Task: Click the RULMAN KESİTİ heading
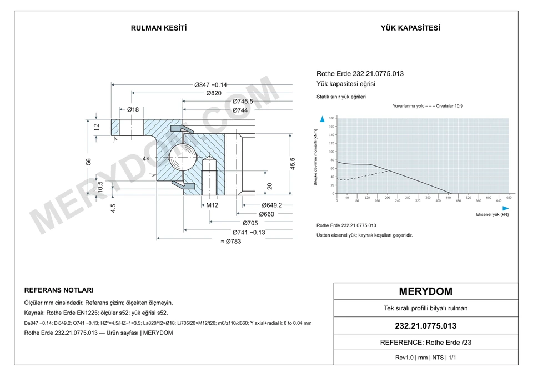tap(159, 28)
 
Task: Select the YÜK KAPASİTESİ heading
tap(410, 28)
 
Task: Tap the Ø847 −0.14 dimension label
tap(210, 84)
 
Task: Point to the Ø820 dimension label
tap(214, 93)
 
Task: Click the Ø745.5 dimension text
tap(243, 101)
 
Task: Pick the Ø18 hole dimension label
tap(133, 109)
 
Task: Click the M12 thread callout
tap(212, 205)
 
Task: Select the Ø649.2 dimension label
tap(272, 205)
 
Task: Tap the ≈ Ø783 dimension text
tap(231, 242)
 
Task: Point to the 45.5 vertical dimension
tap(293, 164)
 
